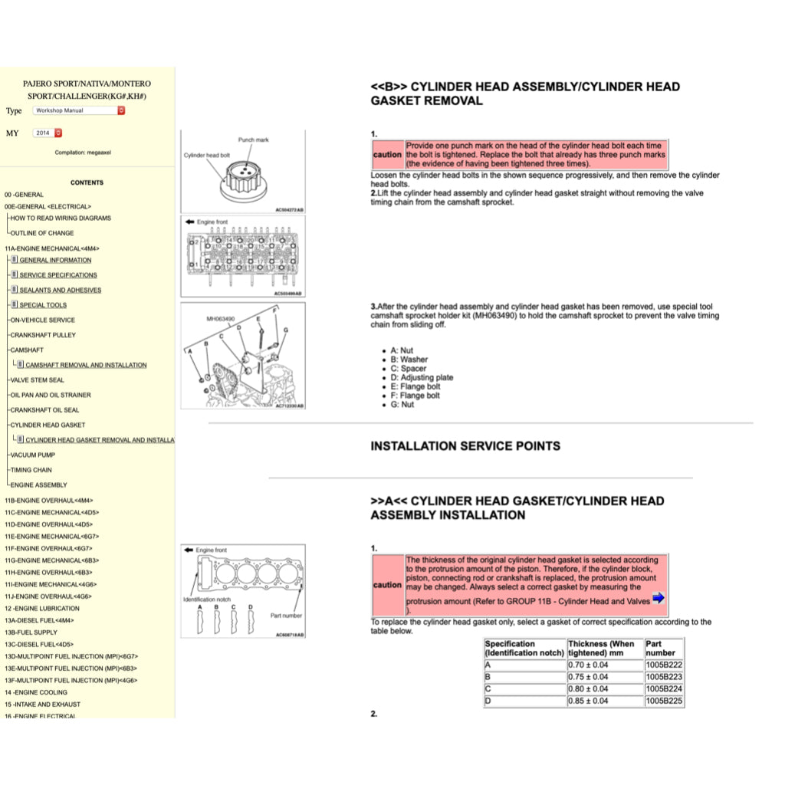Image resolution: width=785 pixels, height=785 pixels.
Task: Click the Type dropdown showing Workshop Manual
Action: (78, 110)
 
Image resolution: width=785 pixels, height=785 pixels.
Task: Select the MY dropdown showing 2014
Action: (48, 133)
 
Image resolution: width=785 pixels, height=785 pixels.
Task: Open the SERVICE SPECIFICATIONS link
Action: (58, 275)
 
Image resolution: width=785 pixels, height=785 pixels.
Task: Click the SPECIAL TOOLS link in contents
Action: (43, 305)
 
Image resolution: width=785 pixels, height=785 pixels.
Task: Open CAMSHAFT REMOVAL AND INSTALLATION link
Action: (86, 365)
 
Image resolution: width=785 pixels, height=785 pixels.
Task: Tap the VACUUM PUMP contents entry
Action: (32, 455)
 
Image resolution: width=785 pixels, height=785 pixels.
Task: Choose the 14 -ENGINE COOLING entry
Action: (35, 692)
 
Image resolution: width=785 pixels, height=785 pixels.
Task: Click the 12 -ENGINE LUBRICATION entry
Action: (41, 608)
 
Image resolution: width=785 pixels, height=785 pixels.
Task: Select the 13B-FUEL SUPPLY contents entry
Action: (31, 632)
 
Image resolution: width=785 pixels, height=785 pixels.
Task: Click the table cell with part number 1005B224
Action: (663, 688)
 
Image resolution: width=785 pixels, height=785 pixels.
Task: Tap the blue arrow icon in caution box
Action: (658, 599)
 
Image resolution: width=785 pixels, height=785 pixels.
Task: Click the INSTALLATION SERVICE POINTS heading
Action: (465, 446)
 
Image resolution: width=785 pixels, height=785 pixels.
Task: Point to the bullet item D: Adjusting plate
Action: (422, 377)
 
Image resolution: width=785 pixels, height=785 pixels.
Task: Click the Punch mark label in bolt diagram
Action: (253, 140)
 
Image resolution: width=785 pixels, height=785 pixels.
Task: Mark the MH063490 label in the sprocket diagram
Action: (222, 318)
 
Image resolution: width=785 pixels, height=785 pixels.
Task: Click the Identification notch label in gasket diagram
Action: (206, 599)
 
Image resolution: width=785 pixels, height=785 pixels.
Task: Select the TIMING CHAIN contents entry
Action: (31, 470)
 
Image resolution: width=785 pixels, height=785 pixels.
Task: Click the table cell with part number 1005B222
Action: (663, 665)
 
